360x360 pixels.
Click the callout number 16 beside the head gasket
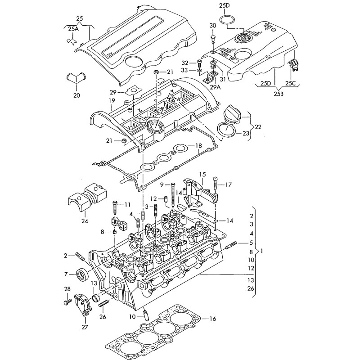click(x=213, y=319)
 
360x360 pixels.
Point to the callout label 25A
click(x=73, y=29)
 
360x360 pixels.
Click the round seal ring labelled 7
click(x=84, y=273)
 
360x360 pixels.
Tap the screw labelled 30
click(x=213, y=36)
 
